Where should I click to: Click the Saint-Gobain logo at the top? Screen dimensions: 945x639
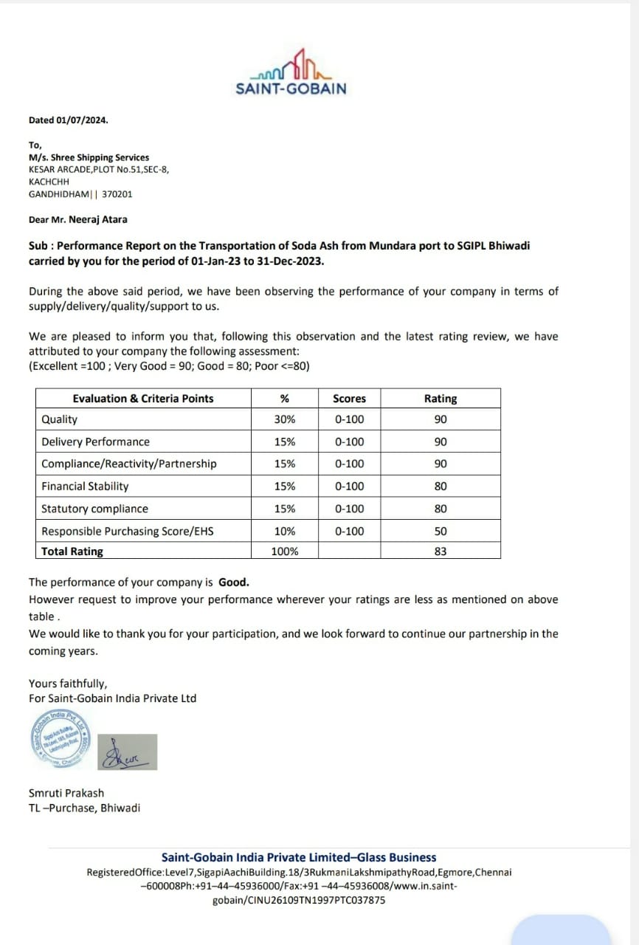tap(291, 73)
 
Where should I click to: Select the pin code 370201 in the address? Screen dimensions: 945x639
tap(117, 194)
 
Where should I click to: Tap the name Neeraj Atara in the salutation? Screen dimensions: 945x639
tap(98, 219)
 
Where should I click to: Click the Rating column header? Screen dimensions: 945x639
tap(441, 399)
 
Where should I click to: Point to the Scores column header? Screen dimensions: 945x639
tap(349, 399)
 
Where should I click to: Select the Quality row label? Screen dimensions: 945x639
tap(60, 419)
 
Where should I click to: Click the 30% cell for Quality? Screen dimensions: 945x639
tap(284, 419)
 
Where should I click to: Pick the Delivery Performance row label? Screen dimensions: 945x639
tap(95, 441)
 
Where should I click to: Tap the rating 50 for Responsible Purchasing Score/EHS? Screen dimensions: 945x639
tap(441, 531)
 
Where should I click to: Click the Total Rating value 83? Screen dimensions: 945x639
tap(441, 551)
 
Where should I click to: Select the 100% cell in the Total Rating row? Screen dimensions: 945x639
tap(284, 551)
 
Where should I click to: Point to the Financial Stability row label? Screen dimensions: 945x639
tap(85, 487)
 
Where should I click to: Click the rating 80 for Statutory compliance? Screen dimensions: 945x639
tap(441, 509)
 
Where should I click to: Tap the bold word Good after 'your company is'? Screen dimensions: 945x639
tap(233, 582)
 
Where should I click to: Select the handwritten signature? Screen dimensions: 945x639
tap(127, 752)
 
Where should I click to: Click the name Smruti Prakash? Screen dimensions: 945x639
tap(66, 793)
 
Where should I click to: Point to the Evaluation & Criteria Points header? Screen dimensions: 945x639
tap(143, 399)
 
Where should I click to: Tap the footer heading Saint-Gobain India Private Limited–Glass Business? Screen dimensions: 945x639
tap(299, 857)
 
